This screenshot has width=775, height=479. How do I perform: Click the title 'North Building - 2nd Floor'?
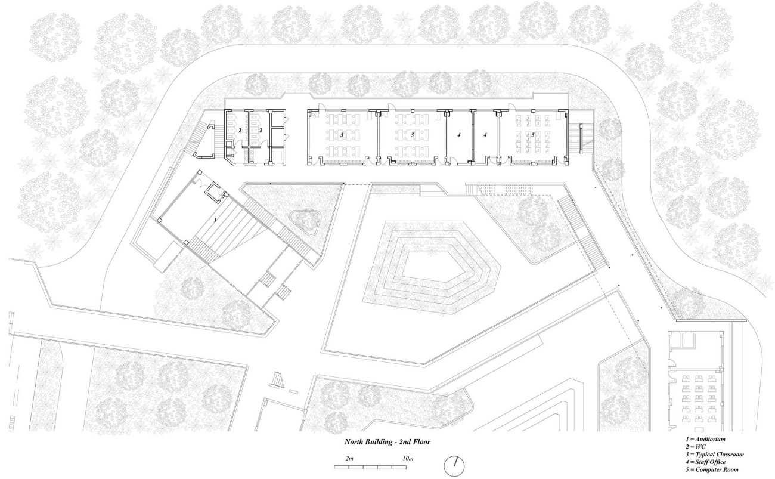387,442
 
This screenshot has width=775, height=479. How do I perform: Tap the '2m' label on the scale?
349,459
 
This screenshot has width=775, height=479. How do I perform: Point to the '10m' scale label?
408,459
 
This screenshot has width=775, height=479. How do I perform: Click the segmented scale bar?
370,467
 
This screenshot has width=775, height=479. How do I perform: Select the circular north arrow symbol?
454,466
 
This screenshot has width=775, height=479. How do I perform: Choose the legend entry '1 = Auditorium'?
705,439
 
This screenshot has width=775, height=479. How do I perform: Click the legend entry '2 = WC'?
696,447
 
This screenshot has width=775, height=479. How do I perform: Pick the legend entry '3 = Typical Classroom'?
714,455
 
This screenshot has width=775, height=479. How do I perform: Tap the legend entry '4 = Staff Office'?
705,462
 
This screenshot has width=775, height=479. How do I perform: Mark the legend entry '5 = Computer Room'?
712,469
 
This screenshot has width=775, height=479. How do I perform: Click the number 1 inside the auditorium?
215,220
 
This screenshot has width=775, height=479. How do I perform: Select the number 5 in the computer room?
533,135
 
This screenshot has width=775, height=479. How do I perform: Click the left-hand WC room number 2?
240,131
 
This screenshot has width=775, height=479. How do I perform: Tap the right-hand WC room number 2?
261,131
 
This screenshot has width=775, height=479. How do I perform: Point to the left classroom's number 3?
342,135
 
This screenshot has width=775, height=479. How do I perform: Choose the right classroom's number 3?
412,135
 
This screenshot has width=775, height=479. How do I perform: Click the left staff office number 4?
459,135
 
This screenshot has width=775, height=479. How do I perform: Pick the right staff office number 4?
485,135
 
